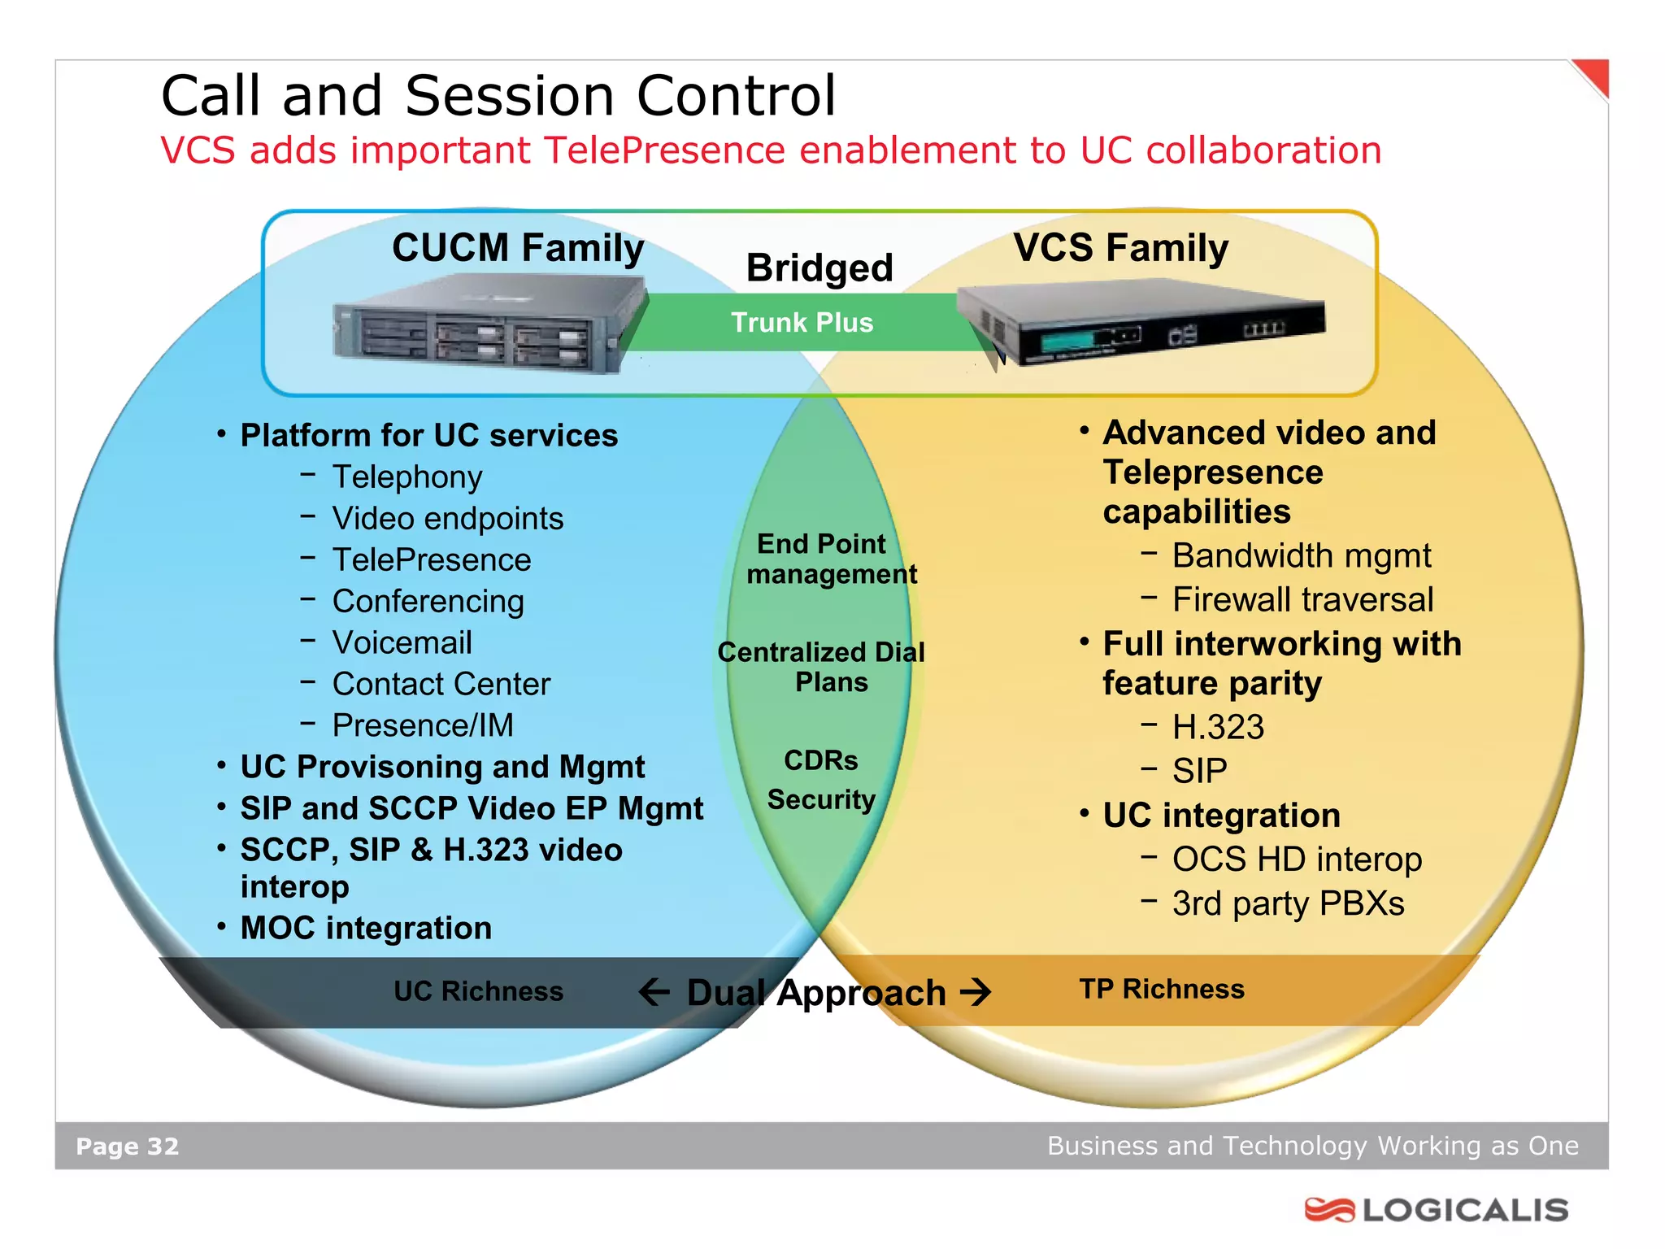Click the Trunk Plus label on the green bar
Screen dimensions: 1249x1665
click(x=802, y=323)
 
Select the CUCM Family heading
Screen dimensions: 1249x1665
click(x=518, y=248)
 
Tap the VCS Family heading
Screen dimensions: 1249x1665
click(x=1120, y=248)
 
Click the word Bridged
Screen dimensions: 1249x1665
click(x=819, y=268)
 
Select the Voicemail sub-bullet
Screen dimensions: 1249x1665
click(x=402, y=643)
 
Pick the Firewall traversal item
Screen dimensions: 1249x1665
click(x=1302, y=600)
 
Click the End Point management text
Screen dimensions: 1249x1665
click(x=831, y=559)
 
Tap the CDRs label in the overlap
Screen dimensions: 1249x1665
click(x=820, y=760)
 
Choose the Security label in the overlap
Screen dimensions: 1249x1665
click(x=821, y=800)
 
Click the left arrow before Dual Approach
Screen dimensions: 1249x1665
click(x=654, y=992)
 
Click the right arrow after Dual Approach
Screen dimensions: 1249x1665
click(x=976, y=992)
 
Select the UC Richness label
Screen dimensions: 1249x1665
click(x=478, y=991)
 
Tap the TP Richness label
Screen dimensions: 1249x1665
click(x=1162, y=989)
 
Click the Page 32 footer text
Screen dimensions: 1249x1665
click(x=127, y=1147)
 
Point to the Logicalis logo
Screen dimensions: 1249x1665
click(x=1437, y=1210)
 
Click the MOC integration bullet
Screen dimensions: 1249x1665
click(x=366, y=929)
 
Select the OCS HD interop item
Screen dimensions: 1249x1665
click(x=1297, y=860)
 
